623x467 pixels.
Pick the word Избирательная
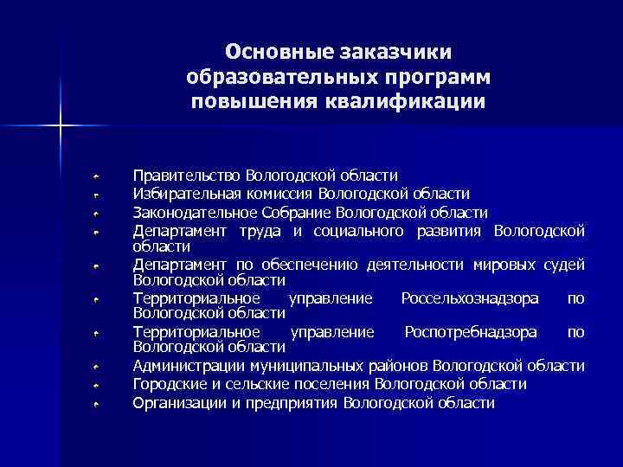coord(184,193)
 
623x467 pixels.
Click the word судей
coord(565,264)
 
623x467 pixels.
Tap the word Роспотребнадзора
coord(471,332)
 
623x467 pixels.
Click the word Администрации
coord(184,366)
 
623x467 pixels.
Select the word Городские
coord(168,384)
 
